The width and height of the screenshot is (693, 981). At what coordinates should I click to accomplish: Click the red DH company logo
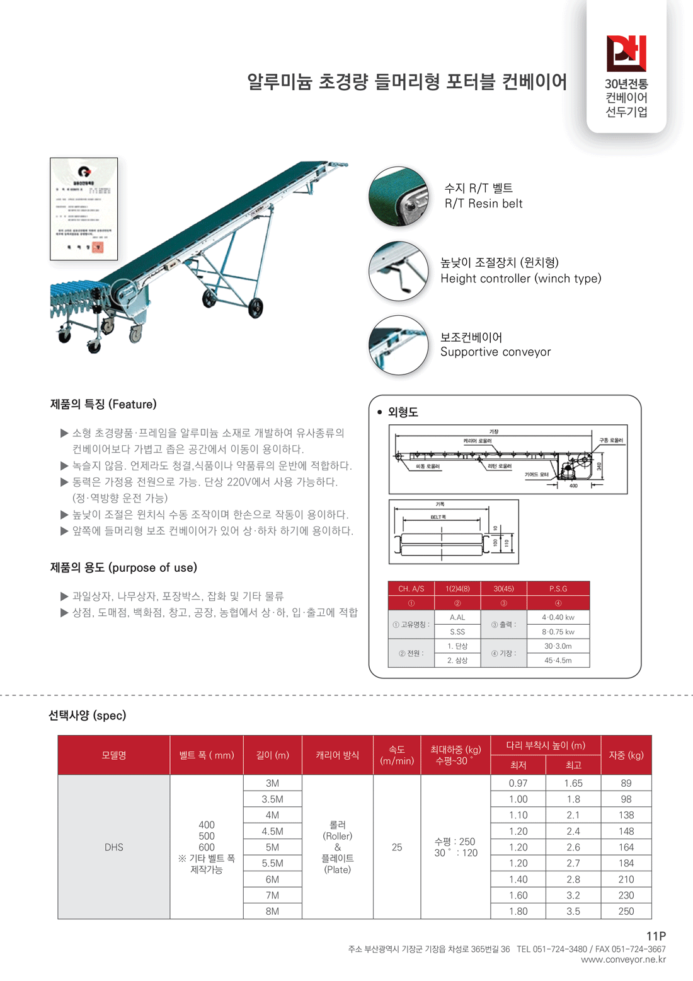coord(626,53)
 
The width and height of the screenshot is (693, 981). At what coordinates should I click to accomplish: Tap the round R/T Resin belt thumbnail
coord(398,196)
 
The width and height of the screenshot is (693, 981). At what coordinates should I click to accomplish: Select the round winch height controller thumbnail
coord(398,271)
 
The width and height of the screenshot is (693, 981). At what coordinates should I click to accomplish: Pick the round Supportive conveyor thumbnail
coord(398,345)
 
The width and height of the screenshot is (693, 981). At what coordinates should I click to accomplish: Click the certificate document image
coord(84,209)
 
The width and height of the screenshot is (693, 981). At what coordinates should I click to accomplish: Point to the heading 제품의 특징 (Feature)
coord(103,404)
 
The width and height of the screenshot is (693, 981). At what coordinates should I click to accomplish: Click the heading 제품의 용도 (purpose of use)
coord(123,567)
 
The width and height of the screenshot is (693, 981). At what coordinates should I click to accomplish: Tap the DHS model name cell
coord(114,847)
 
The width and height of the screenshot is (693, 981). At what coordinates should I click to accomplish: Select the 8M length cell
coord(272,911)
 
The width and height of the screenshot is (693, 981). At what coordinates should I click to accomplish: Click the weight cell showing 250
coord(626,911)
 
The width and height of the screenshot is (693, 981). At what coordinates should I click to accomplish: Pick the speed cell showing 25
coord(397,847)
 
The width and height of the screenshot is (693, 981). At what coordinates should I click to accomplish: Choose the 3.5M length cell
coord(272,799)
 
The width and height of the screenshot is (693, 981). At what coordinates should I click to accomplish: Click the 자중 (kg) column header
coord(626,755)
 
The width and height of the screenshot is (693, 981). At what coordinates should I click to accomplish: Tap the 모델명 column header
coord(114,755)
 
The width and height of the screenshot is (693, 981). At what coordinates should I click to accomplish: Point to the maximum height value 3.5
coord(573,911)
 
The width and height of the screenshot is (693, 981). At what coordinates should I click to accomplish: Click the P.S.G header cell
coord(558,589)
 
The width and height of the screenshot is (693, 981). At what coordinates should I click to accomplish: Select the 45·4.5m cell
coord(558,660)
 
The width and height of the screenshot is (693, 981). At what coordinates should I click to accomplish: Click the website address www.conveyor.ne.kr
coord(623,960)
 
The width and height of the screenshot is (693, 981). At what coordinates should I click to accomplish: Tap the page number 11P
coord(656,936)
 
